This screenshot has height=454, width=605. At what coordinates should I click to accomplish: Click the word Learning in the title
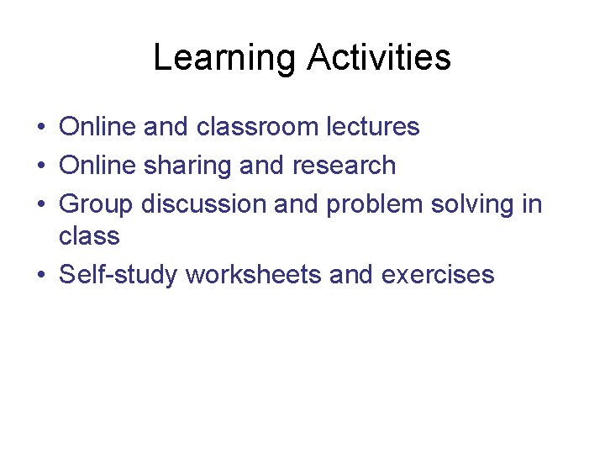[224, 59]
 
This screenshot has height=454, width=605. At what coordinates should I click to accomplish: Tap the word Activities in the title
[379, 59]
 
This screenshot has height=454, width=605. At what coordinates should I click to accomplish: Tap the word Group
[97, 204]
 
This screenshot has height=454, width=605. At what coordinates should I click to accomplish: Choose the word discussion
[208, 204]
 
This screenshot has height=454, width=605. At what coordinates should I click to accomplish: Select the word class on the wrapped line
[89, 236]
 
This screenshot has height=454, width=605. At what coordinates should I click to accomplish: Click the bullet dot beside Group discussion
[40, 205]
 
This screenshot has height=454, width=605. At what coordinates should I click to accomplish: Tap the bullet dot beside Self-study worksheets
[40, 276]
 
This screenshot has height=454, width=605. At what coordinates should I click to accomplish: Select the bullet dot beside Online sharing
[40, 166]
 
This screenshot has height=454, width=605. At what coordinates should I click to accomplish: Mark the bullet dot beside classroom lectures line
[40, 128]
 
